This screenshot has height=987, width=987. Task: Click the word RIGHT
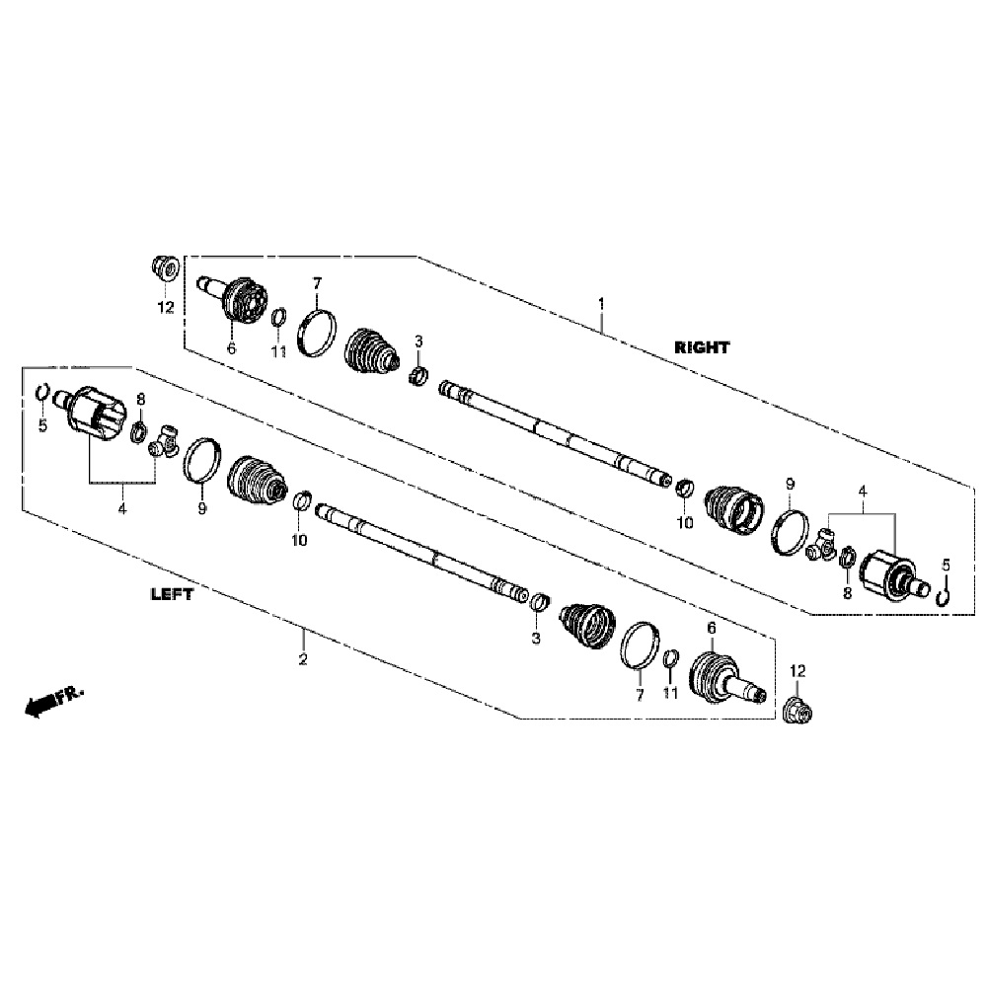click(x=702, y=347)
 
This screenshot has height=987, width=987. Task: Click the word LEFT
click(x=172, y=594)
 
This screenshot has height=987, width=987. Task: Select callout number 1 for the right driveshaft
click(x=601, y=305)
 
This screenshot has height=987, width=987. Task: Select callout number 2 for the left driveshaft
click(x=303, y=659)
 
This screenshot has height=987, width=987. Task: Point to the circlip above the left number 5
click(x=41, y=392)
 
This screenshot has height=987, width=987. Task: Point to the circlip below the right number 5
click(x=943, y=595)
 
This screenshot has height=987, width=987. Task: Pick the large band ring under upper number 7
click(x=316, y=334)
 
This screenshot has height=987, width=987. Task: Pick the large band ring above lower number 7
click(x=641, y=645)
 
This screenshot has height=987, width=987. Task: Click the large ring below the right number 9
click(x=790, y=533)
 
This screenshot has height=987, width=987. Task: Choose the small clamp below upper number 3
click(x=418, y=376)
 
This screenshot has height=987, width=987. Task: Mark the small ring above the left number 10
click(x=302, y=500)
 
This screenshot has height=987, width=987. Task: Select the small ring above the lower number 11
click(x=671, y=657)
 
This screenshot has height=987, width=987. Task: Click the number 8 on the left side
click(x=141, y=399)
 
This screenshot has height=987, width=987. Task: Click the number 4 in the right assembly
click(x=863, y=491)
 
